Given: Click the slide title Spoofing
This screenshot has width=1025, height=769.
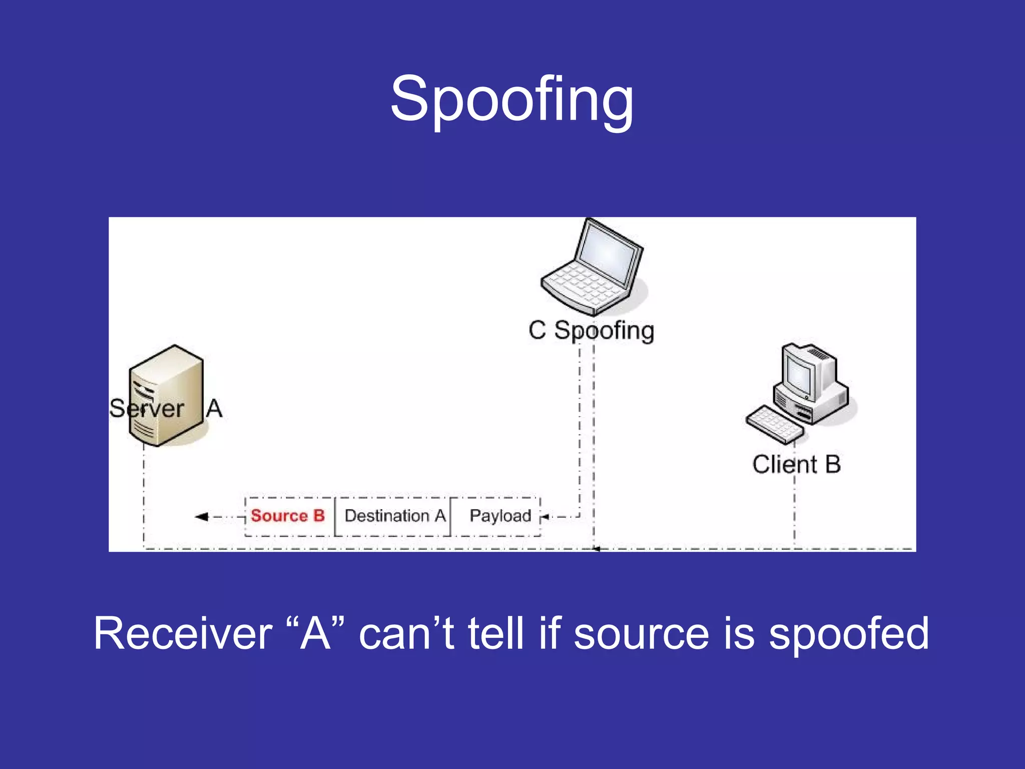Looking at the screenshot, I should coord(511,100).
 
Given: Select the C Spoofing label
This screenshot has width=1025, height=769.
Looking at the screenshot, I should coord(591,331).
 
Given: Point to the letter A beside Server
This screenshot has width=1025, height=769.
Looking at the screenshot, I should coord(214,408).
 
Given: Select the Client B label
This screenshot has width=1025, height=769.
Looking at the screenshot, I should coord(796,464).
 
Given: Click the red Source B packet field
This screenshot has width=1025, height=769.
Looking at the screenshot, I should coord(288,516).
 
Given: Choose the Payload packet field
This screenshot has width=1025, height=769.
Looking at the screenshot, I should coord(500,516).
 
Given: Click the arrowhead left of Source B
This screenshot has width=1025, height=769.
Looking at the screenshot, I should coord(201,517).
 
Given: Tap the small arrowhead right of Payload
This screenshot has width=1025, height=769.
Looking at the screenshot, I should coord(546,517).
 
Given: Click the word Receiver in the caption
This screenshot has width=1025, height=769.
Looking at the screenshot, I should coord(183,634).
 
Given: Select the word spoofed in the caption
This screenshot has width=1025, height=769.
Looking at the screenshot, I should coord(848,634).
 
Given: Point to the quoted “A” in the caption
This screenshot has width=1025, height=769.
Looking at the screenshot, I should coord(316,634).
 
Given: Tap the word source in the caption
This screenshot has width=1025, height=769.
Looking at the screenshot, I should coord(641,634).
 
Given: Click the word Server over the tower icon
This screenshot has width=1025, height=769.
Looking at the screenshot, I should coord(147,409).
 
